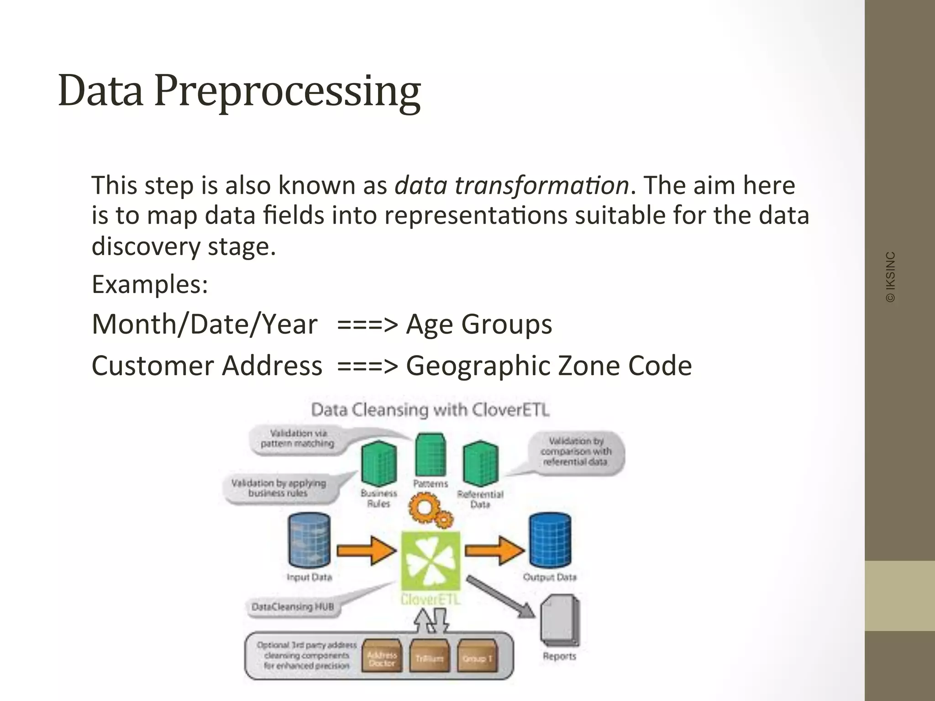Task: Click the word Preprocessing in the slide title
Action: [x=288, y=91]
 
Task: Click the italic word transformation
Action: [x=511, y=186]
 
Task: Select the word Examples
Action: [x=150, y=284]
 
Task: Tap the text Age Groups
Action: [x=479, y=324]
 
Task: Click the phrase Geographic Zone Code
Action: [x=549, y=366]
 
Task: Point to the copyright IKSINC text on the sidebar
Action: [x=890, y=277]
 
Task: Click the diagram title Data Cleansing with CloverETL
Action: [x=430, y=410]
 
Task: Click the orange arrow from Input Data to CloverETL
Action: [x=366, y=550]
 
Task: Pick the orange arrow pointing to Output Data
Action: [x=494, y=550]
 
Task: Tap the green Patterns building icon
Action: [x=430, y=455]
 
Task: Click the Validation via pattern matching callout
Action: [x=297, y=439]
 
